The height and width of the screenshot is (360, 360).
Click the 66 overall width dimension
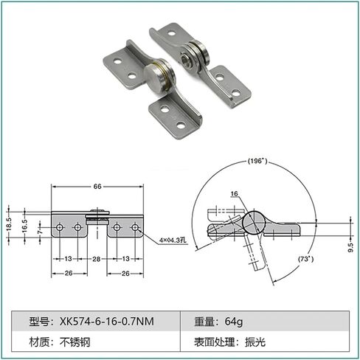pyautogui.click(x=97, y=187)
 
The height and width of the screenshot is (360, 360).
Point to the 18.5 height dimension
pyautogui.click(x=9, y=224)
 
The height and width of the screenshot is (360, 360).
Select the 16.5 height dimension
pyautogui.click(x=24, y=226)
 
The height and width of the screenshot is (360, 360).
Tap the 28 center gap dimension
pyautogui.click(x=97, y=259)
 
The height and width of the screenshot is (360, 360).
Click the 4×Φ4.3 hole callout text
pyautogui.click(x=173, y=240)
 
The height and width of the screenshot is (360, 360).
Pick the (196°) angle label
pyautogui.click(x=257, y=161)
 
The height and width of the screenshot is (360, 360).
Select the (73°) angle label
pyautogui.click(x=305, y=259)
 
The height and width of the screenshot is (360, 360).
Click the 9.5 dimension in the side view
pyautogui.click(x=350, y=247)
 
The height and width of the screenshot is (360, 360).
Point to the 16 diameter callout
pyautogui.click(x=234, y=194)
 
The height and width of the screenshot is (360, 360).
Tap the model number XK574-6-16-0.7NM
pyautogui.click(x=107, y=322)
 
